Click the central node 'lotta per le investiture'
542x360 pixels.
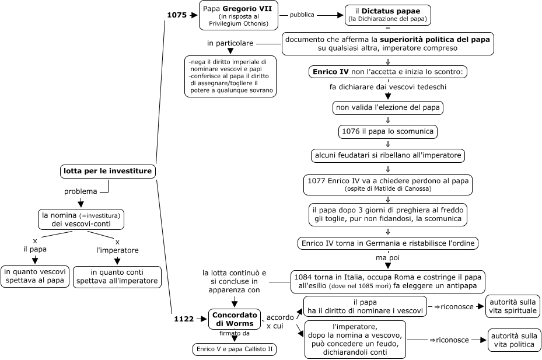click(108, 172)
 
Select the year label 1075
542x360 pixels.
click(176, 15)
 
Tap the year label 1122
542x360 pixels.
click(183, 319)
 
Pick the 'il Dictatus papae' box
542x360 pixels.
click(388, 15)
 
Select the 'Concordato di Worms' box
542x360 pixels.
click(235, 319)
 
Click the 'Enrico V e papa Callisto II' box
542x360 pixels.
click(235, 349)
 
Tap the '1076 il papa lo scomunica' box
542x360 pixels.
click(388, 132)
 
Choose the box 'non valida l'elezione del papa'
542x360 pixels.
click(388, 108)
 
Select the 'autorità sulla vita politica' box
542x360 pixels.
click(513, 340)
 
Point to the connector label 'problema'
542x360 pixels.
click(81, 191)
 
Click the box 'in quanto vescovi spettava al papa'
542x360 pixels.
click(35, 276)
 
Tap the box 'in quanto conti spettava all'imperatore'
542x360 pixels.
click(117, 277)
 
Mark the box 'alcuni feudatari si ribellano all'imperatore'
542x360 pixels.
click(388, 155)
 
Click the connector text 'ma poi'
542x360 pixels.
click(387, 257)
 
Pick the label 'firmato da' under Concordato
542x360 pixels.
click(235, 333)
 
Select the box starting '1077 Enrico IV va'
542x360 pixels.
click(388, 184)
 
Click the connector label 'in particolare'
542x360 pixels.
click(230, 44)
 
